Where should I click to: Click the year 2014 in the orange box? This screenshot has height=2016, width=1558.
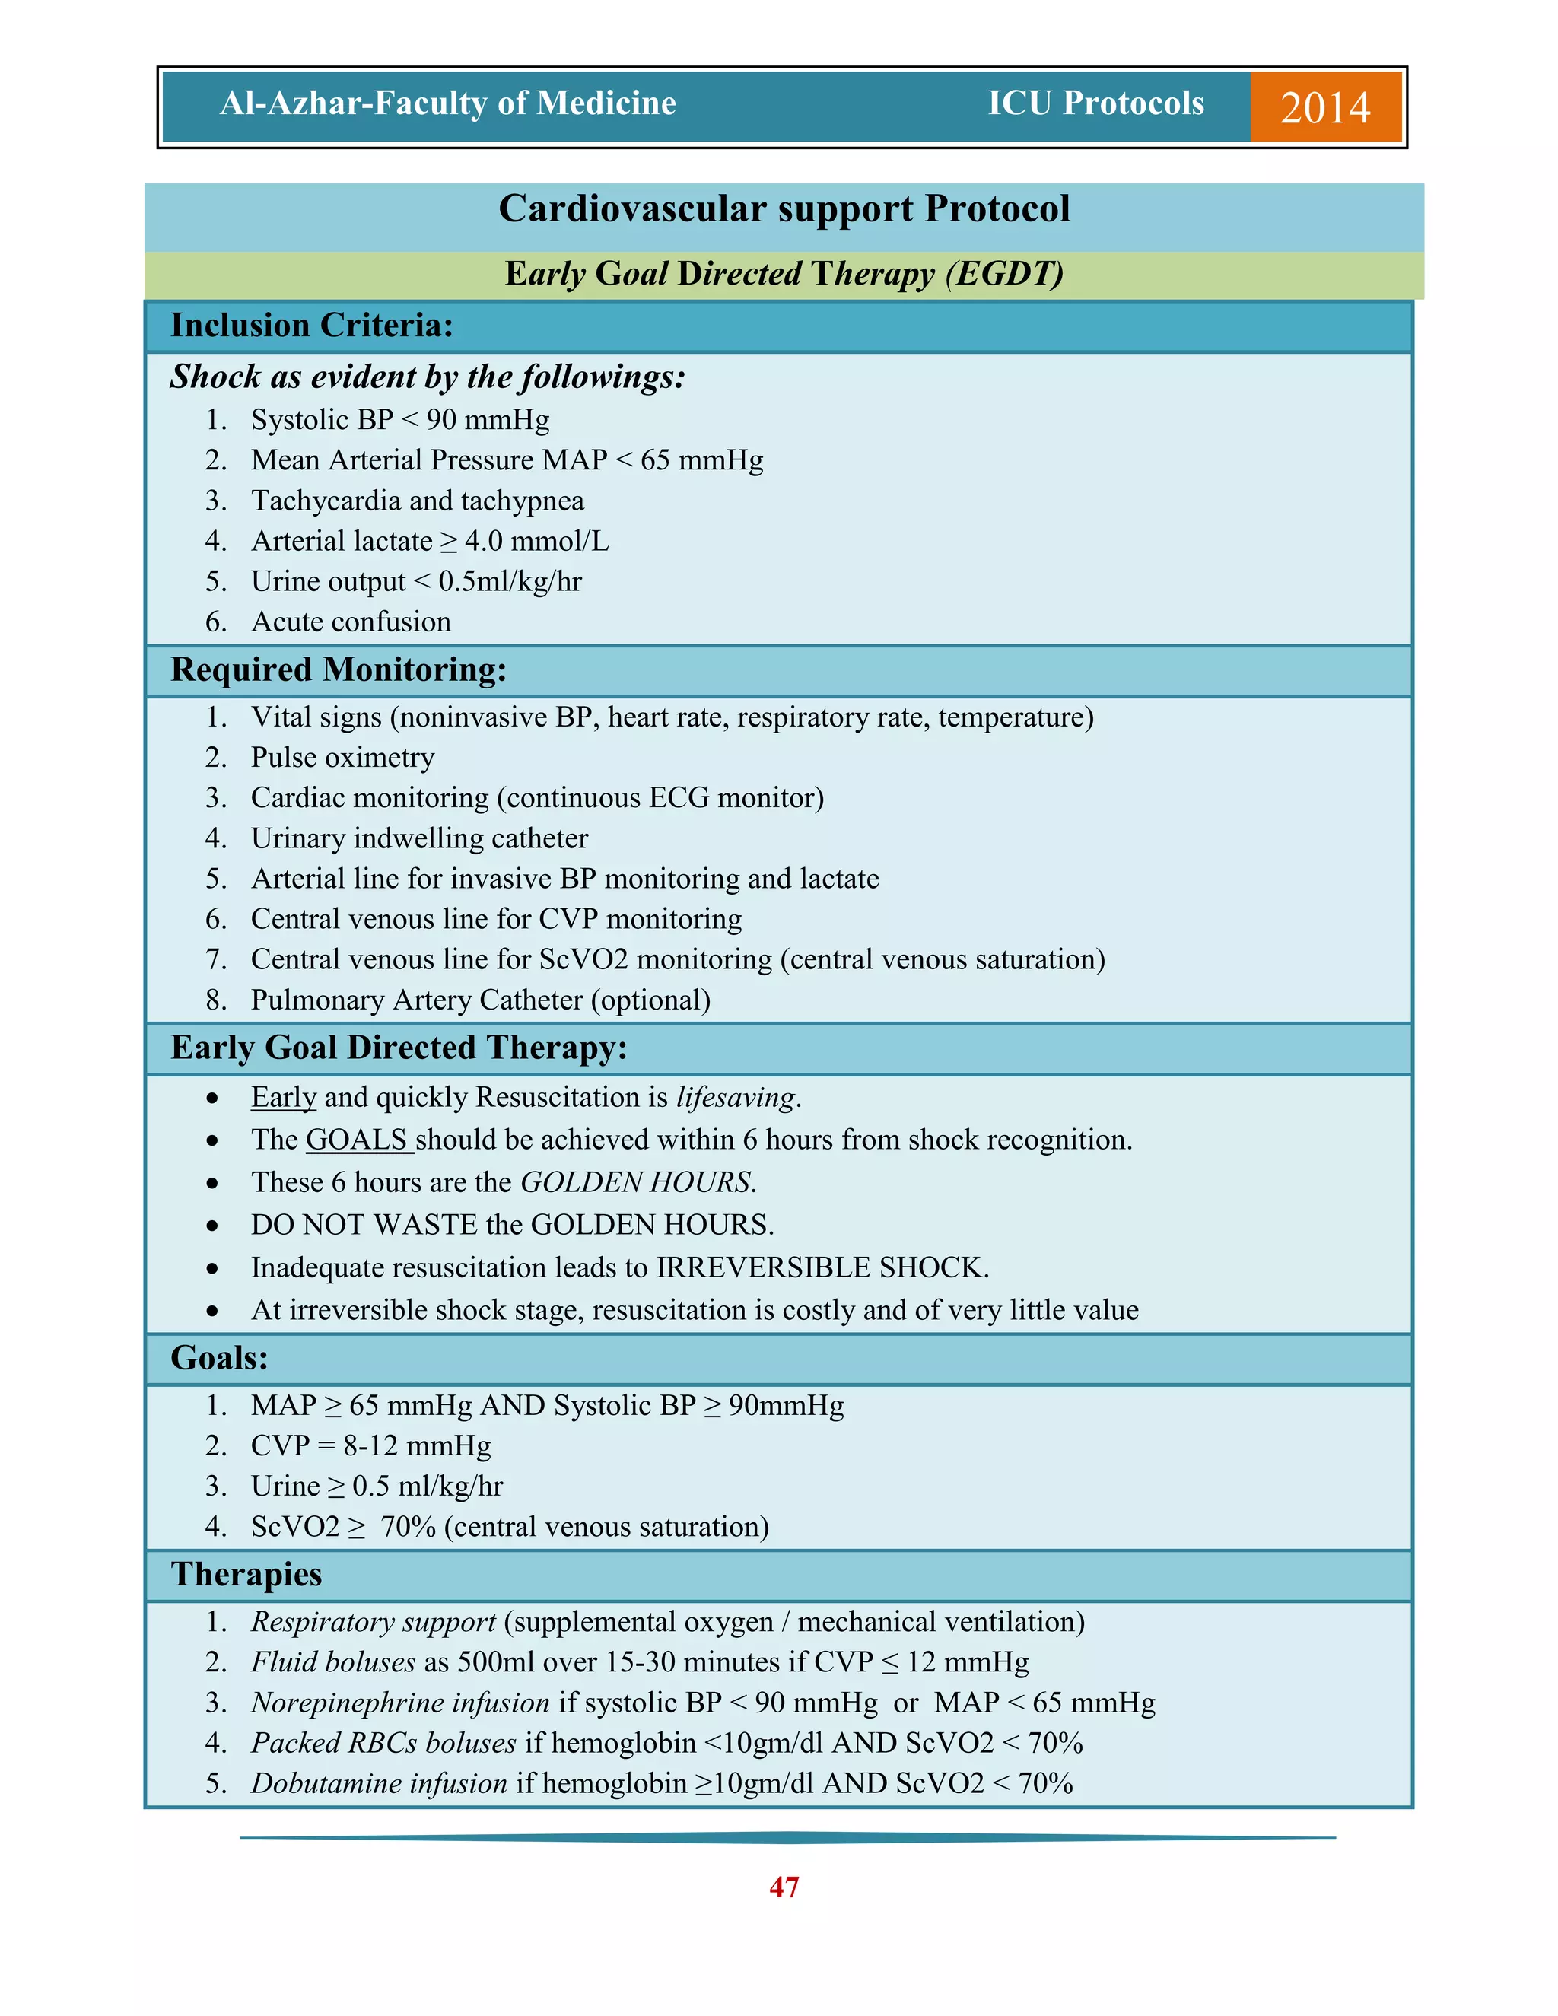point(1324,107)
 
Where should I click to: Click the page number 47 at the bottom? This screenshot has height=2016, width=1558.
point(784,1887)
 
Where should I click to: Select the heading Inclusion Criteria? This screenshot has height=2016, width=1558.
point(312,326)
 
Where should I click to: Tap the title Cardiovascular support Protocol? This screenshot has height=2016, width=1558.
point(784,208)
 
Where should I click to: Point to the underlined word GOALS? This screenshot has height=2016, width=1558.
point(358,1140)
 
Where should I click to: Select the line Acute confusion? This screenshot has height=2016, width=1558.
point(351,622)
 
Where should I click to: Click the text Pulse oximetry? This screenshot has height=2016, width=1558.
point(342,758)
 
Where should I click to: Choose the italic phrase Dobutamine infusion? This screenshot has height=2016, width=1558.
point(378,1783)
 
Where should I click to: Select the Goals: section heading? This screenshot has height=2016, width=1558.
point(220,1358)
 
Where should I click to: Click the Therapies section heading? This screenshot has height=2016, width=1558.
point(246,1575)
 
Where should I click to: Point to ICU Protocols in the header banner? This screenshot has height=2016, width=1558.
point(1095,103)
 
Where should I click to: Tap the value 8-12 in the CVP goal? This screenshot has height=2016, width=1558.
point(370,1445)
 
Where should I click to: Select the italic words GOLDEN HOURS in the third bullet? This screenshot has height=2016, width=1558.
point(637,1182)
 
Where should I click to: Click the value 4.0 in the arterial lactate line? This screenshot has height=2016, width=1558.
point(484,542)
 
